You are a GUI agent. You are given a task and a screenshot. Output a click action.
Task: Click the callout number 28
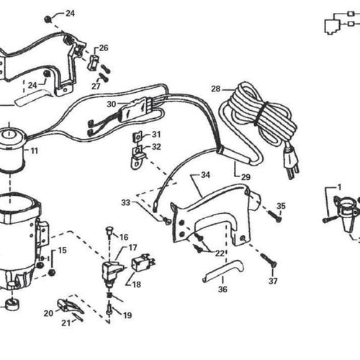click(215, 89)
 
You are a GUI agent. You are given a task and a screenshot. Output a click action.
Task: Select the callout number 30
click(111, 104)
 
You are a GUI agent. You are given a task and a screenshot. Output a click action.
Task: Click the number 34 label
click(205, 175)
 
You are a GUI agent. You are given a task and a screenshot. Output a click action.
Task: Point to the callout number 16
click(124, 237)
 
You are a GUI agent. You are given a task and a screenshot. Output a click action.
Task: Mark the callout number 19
click(127, 315)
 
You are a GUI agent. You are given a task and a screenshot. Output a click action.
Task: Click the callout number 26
click(104, 48)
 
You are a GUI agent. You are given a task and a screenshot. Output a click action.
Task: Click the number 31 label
click(156, 134)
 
